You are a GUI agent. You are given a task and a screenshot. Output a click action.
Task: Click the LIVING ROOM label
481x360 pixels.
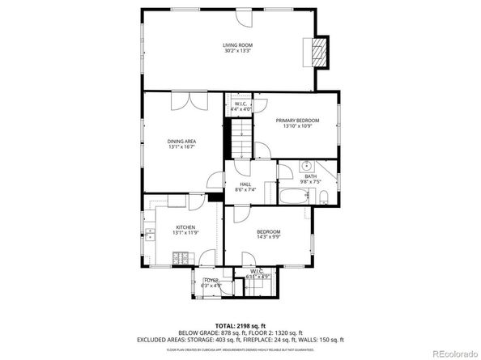tap(238, 44)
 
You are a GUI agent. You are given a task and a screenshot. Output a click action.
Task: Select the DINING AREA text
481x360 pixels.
tap(182, 142)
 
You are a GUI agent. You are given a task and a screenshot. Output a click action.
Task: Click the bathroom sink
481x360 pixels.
tap(308, 165)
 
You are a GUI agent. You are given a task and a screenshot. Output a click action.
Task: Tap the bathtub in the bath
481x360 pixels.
tap(289, 193)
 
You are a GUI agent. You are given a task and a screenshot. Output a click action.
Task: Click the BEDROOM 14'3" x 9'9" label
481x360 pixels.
tap(268, 232)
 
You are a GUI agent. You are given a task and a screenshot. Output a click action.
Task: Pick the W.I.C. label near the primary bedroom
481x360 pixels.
tap(240, 104)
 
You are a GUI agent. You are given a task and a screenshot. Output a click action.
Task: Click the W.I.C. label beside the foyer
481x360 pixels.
tap(257, 271)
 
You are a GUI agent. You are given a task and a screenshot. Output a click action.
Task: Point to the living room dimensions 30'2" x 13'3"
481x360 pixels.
tap(238, 51)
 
